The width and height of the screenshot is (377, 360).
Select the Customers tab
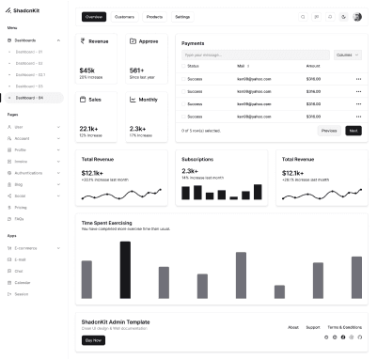point(124,17)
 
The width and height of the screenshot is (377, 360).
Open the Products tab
point(155,17)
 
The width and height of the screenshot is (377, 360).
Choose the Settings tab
point(182,17)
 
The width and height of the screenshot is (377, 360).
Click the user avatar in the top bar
point(357,17)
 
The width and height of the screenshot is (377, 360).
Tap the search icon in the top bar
point(303,17)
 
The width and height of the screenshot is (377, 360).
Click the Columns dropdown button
point(348,55)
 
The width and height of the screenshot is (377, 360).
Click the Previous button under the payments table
point(328,131)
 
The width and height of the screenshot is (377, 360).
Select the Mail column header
point(242,66)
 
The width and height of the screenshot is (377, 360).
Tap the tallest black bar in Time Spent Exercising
point(125,269)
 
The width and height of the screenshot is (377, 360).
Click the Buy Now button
point(93,339)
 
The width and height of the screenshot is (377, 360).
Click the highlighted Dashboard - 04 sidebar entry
point(34,97)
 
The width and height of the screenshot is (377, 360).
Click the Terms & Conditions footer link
point(344,327)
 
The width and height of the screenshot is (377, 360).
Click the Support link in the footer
point(313,327)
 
